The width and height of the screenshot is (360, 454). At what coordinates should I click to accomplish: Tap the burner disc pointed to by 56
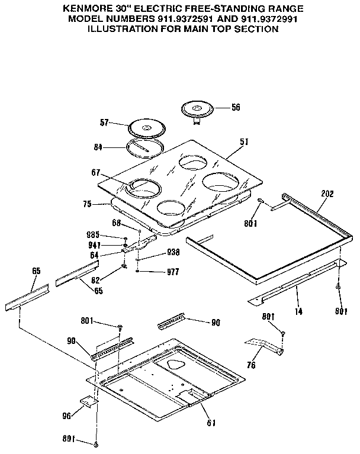[x=196, y=110]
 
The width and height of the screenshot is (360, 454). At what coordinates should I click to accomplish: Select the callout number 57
[x=104, y=124]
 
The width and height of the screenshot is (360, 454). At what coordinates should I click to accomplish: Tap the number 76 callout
[x=251, y=366]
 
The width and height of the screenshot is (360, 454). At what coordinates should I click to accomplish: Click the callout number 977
[x=172, y=273]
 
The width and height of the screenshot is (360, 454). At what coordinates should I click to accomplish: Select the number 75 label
[x=88, y=204]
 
